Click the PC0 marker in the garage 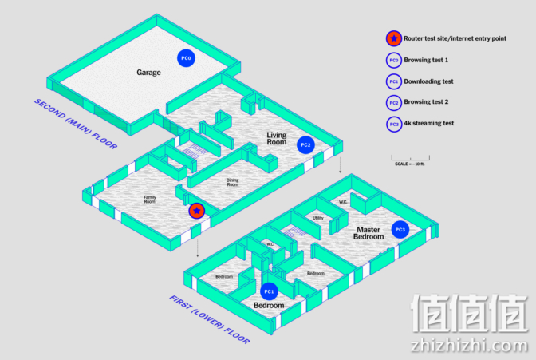(x=186, y=58)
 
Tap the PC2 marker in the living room (x=305, y=144)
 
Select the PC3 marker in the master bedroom (x=400, y=230)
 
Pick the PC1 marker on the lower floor (x=269, y=291)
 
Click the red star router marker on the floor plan (x=197, y=211)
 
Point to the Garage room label (x=148, y=73)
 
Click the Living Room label (x=277, y=139)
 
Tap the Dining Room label (x=232, y=183)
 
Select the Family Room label (x=150, y=200)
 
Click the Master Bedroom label (x=368, y=233)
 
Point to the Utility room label (x=318, y=218)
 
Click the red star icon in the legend (x=394, y=38)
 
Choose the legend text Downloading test (x=428, y=81)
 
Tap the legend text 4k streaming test (x=429, y=123)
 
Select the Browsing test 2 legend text (x=426, y=102)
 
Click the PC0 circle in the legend (x=394, y=60)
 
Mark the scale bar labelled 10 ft (x=411, y=158)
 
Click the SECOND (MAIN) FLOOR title (x=76, y=124)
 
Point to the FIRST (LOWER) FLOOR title (x=210, y=319)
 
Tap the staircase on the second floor (x=193, y=152)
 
